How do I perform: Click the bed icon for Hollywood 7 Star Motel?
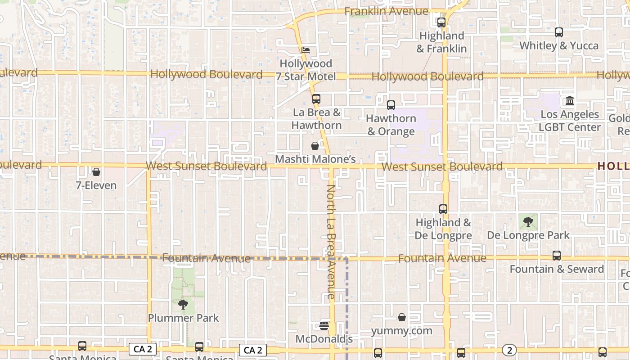pos(306,50)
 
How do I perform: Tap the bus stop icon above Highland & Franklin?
pos(441,22)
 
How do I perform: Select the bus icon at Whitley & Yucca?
pos(559,32)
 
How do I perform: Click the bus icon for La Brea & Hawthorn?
pos(316,99)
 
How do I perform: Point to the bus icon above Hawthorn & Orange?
pos(391,105)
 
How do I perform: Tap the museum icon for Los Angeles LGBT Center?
pos(570,101)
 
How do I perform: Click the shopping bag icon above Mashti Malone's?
pos(315,146)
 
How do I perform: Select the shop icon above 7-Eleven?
pos(96,172)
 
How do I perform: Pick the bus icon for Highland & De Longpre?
pos(443,209)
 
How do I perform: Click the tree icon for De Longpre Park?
pos(528,221)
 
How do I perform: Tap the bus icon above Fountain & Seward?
pos(557,256)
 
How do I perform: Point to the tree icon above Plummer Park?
pos(183,305)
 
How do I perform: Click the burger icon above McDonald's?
pos(324,325)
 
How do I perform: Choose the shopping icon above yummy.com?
pos(402,317)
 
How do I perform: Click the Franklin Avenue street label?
pos(386,11)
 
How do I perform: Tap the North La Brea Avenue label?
pos(331,242)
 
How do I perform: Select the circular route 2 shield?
pos(509,350)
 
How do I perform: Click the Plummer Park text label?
pos(184,318)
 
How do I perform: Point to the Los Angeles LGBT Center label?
pos(570,121)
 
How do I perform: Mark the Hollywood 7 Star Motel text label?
pos(306,70)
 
